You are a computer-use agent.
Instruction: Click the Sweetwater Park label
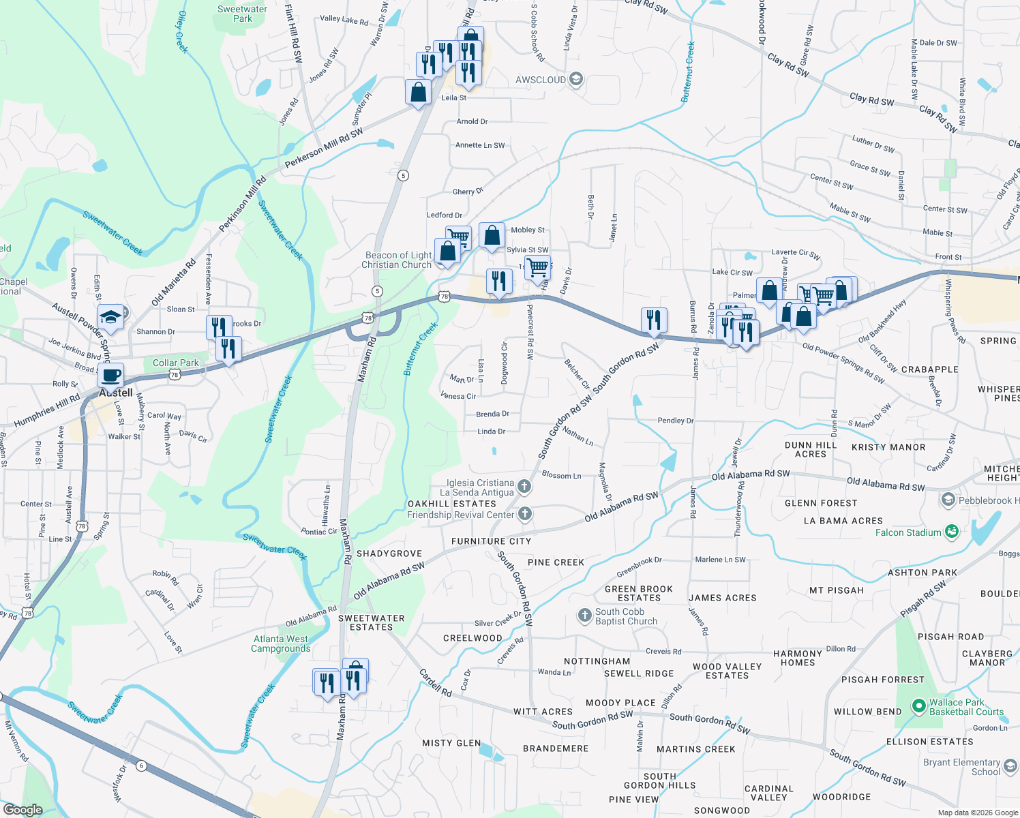tap(242, 14)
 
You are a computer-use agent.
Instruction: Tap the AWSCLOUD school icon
tap(576, 80)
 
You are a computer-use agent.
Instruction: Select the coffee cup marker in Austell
tap(110, 374)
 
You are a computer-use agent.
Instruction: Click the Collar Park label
tap(176, 363)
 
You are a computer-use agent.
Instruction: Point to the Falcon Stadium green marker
tap(952, 532)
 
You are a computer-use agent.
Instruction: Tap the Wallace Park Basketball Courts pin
tap(918, 706)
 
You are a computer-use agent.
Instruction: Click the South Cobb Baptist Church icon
tap(584, 616)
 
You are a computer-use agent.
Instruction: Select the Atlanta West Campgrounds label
tap(281, 643)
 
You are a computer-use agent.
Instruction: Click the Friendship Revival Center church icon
tap(524, 514)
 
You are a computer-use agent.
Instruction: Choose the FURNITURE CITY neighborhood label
tap(491, 541)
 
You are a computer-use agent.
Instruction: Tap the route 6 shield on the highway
tap(141, 766)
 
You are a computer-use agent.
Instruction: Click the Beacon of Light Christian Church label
tap(398, 260)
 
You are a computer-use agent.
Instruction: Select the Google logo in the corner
tap(22, 810)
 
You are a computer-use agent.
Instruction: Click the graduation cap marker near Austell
tap(110, 316)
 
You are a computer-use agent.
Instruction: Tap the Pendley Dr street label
tap(675, 421)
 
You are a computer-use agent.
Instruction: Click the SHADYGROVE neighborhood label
tap(389, 554)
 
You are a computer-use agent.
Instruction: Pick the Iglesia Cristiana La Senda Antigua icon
tap(524, 486)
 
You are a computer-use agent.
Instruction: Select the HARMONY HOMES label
tap(798, 658)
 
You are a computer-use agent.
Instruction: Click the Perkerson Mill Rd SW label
tap(324, 148)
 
